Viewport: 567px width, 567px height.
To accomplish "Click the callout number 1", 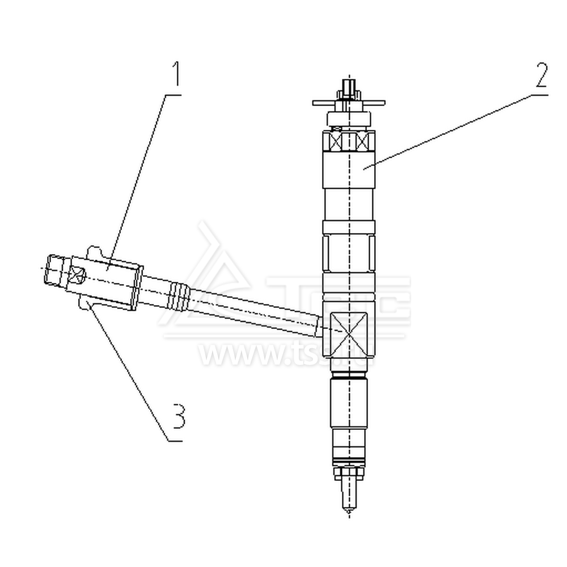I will (176, 73).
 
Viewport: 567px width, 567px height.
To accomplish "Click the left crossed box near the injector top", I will (333, 141).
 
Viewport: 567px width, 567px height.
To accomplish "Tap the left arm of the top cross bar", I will (323, 104).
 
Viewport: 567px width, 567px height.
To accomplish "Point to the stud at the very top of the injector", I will (348, 88).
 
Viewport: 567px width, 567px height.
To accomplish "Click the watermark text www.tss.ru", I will (286, 354).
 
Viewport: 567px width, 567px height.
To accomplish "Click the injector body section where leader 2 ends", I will (348, 170).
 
